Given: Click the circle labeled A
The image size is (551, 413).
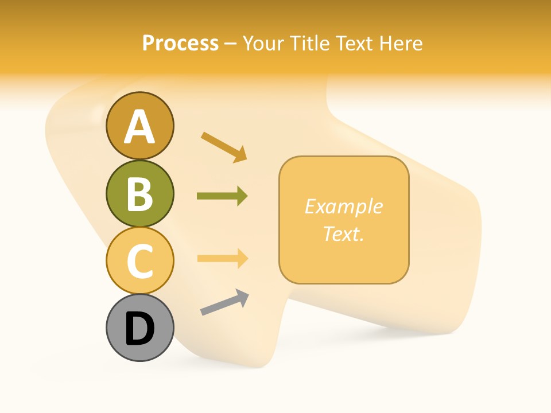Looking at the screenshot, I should click(139, 126).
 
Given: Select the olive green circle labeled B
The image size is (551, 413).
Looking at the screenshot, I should click(139, 193).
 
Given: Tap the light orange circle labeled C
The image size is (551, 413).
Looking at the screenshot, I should click(139, 260).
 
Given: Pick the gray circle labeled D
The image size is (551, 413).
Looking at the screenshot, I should click(139, 328).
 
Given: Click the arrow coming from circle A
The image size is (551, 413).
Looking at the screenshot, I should click(224, 147).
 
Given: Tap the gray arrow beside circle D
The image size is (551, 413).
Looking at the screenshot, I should click(224, 302).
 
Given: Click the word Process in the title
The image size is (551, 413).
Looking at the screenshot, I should click(180, 44).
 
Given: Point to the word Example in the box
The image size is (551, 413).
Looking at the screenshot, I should click(343, 206).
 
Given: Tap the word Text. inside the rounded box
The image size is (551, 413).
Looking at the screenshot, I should click(343, 233).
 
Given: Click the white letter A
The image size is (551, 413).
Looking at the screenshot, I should click(139, 127).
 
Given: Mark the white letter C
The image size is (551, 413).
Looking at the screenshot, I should click(139, 261).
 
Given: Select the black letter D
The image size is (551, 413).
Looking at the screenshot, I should click(139, 329).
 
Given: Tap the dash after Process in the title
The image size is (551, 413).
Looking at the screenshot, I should click(231, 44).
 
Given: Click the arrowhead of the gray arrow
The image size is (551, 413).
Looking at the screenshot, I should click(242, 297).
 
